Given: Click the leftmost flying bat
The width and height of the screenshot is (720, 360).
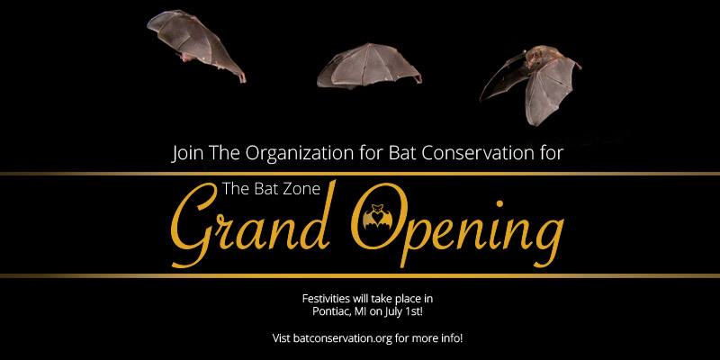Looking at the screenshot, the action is click(x=195, y=45).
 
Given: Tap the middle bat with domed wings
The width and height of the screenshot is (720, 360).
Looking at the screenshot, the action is click(x=369, y=66).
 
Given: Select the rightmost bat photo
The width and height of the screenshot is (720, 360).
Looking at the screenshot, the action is click(x=533, y=83).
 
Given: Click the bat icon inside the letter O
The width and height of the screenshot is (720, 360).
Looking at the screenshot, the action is click(x=377, y=216).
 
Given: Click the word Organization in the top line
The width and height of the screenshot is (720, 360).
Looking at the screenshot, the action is click(x=300, y=153).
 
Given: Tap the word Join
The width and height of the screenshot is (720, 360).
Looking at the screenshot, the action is click(x=187, y=153).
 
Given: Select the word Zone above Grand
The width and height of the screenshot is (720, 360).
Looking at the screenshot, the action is click(x=302, y=189).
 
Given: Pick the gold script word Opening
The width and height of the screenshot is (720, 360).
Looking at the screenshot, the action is click(x=457, y=225).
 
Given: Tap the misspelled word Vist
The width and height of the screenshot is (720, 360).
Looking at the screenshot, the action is click(x=281, y=339).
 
